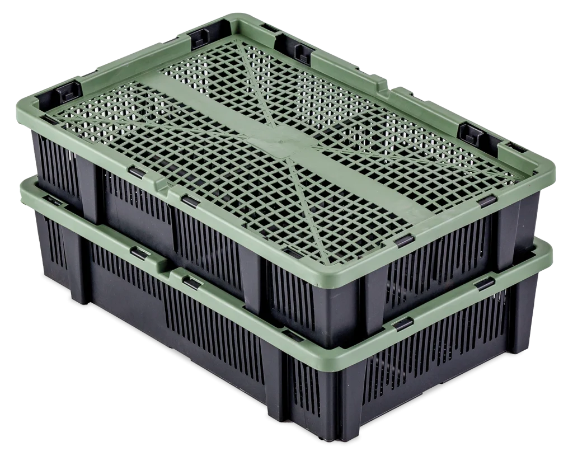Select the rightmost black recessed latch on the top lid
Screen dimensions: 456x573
tap(472, 134)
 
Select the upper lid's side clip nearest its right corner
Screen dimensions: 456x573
tap(487, 200)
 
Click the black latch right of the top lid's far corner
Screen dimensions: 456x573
tap(303, 53)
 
